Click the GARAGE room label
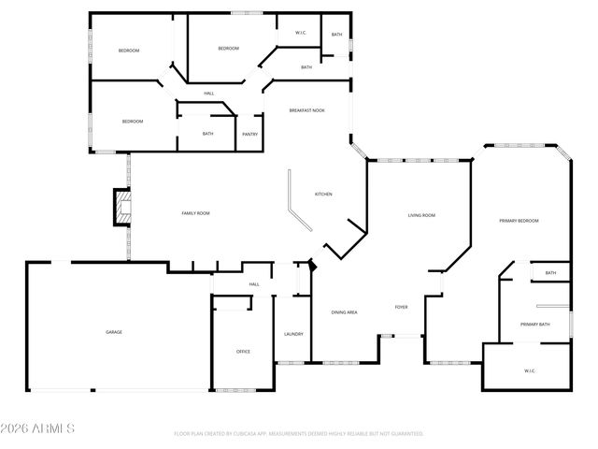click(114, 332)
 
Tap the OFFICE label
click(243, 351)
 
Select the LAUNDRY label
click(293, 334)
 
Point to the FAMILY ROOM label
click(195, 213)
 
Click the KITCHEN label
click(323, 194)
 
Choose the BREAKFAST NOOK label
click(307, 109)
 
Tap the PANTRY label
click(249, 134)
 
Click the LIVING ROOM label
click(421, 215)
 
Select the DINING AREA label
click(346, 311)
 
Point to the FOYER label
click(401, 307)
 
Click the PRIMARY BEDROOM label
click(519, 220)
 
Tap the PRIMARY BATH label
click(535, 324)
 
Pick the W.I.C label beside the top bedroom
click(301, 33)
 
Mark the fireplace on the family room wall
click(120, 208)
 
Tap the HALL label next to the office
click(253, 284)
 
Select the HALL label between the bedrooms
click(209, 94)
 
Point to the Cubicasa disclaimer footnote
click(299, 434)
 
